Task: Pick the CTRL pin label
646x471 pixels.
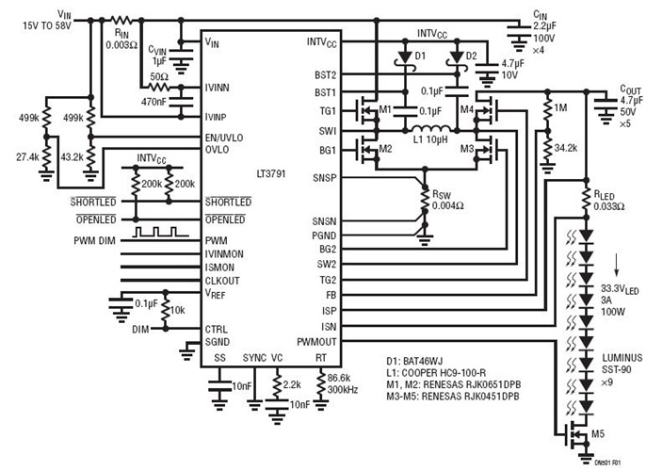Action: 217,328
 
